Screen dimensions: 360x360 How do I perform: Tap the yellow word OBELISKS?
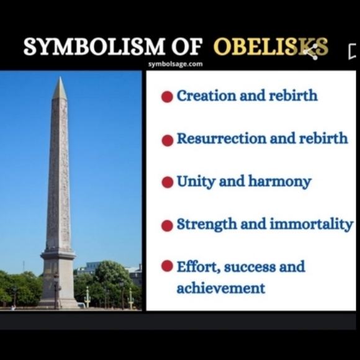[x=270, y=47]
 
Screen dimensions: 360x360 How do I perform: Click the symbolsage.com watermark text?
[x=175, y=64]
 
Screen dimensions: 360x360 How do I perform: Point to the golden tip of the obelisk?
[x=60, y=89]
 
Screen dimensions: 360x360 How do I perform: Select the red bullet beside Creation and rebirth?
[x=167, y=97]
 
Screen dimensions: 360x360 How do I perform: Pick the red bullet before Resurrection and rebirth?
[x=167, y=140]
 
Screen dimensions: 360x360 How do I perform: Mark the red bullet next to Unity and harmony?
[x=167, y=182]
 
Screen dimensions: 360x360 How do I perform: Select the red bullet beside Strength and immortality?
[x=167, y=225]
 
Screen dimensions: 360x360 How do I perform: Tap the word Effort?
[x=197, y=266]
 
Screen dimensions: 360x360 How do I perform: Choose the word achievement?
[x=220, y=289]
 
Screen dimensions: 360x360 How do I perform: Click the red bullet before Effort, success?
[x=167, y=266]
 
